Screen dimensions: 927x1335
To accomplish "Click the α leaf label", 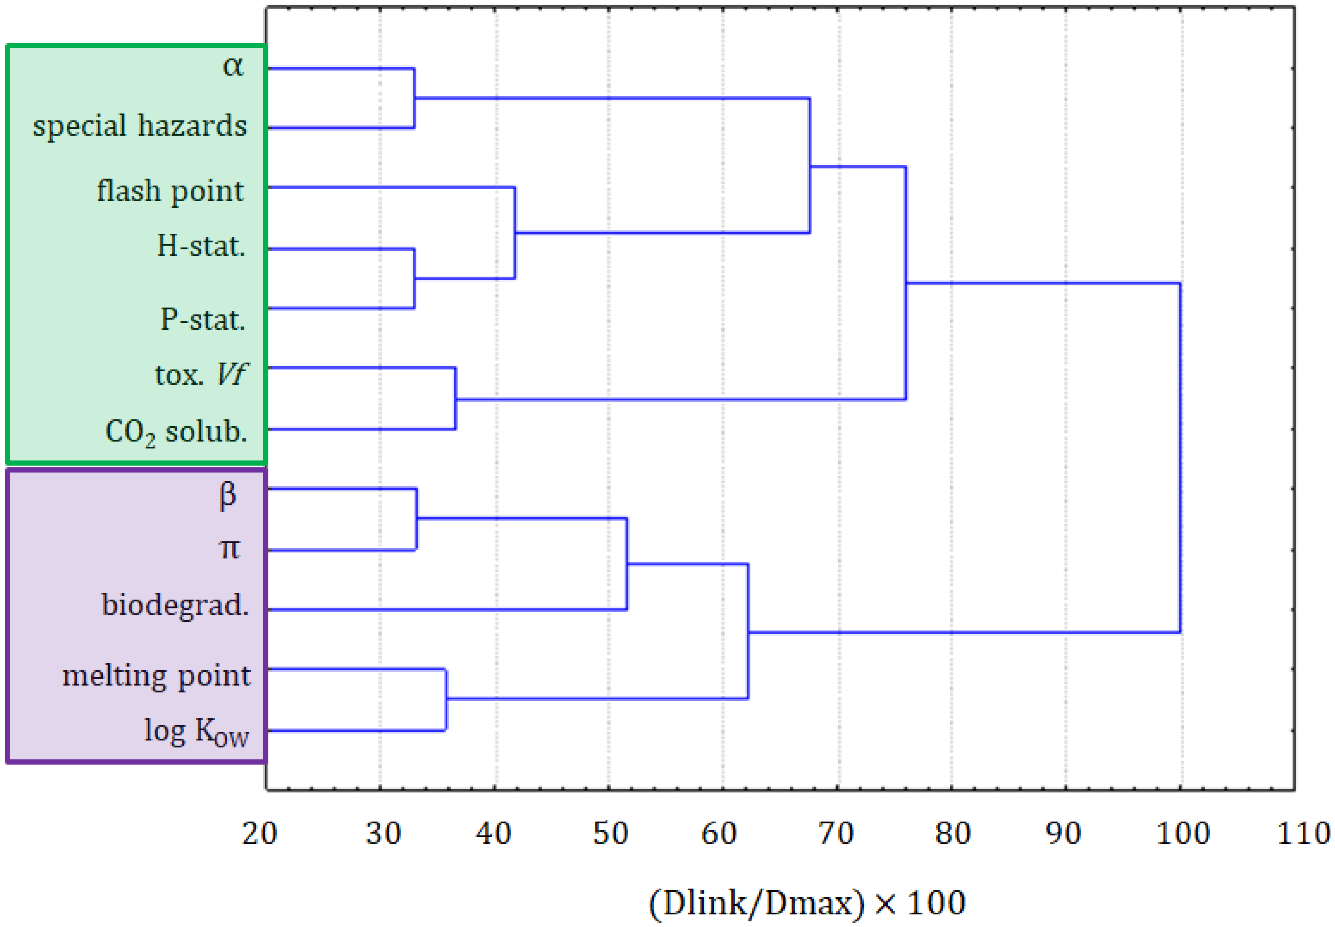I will coord(233,67).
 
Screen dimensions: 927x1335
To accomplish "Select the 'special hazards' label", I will coord(139,126).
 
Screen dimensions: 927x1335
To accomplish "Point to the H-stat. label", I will coord(201,246).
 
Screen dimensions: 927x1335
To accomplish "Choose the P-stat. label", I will coord(203,320).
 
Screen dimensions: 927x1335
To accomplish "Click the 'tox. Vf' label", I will coord(201,375).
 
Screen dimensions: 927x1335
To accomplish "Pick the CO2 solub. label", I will coord(176,432).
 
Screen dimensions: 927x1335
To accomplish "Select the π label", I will coord(229,549).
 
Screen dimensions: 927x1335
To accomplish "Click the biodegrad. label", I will coord(175,605).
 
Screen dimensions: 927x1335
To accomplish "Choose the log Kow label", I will coord(196,731).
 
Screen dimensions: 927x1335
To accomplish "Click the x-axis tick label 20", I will coord(259,833).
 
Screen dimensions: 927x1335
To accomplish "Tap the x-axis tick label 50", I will coord(610,833).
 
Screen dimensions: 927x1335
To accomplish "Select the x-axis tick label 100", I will coord(1183,833).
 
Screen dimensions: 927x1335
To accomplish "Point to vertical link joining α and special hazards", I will coord(414,98).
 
